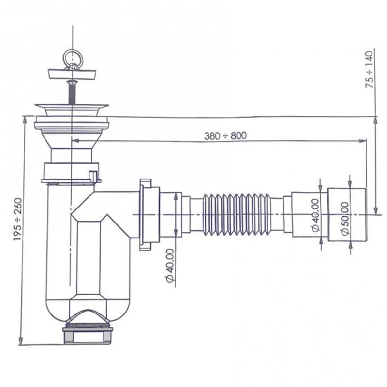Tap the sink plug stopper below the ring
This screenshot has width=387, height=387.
tap(72, 74)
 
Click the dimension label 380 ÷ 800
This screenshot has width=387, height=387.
tap(225, 135)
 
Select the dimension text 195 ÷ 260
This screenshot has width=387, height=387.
tap(17, 220)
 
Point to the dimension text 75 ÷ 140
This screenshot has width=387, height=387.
tap(370, 69)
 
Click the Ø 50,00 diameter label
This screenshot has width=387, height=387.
tap(345, 219)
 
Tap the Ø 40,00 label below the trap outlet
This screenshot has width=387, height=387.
tap(170, 265)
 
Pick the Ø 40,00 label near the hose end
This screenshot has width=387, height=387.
tap(315, 215)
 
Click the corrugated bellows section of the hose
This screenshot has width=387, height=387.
tap(237, 214)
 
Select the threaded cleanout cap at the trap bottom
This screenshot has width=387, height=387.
tap(88, 335)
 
